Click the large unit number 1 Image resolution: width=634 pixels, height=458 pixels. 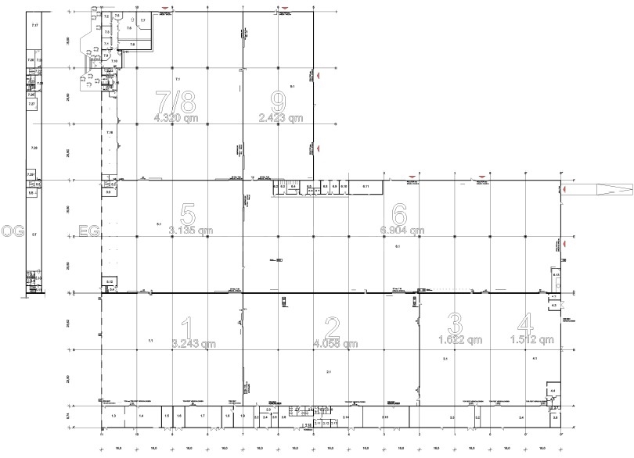point(186,326)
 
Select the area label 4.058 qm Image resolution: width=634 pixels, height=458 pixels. point(333,343)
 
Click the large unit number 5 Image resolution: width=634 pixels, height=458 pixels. point(186,213)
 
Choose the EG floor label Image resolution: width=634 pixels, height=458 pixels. point(91,231)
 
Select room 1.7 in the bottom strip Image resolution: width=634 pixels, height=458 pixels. point(202,417)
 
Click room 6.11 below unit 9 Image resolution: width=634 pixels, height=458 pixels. point(366,187)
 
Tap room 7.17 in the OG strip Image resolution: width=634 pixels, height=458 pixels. point(34,27)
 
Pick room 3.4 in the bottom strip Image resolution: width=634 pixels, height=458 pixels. point(521,418)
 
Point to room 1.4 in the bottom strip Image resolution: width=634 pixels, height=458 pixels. point(141,417)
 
